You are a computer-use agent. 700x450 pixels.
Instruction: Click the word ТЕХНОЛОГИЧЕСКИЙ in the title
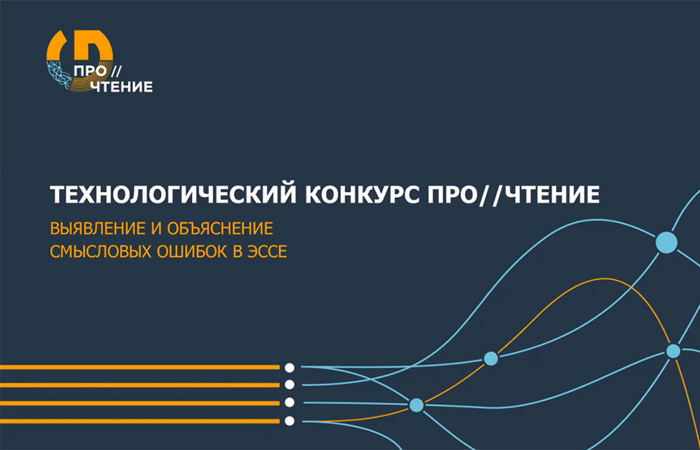point(172,195)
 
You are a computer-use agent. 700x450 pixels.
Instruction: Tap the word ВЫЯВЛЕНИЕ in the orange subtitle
point(97,229)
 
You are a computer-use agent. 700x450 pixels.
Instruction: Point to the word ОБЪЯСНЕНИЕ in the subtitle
point(220,229)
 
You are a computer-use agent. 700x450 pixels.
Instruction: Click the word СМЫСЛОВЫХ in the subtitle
point(101,252)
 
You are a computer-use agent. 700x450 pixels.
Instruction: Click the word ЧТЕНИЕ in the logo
point(122,87)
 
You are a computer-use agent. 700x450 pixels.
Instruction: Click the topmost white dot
point(290,368)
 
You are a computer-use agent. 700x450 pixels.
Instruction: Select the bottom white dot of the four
point(290,421)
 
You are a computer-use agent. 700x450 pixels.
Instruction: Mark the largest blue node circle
point(666,243)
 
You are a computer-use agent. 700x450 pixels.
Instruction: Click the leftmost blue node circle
point(417,405)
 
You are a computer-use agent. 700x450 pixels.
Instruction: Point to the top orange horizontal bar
point(140,367)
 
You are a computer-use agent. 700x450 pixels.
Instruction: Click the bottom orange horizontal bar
point(140,421)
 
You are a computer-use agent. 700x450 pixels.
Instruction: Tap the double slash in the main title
point(493,195)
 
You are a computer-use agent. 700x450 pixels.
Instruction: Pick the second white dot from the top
point(290,385)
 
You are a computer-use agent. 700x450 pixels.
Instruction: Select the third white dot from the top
point(290,403)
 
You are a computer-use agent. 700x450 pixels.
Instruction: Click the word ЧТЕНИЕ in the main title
point(554,195)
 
